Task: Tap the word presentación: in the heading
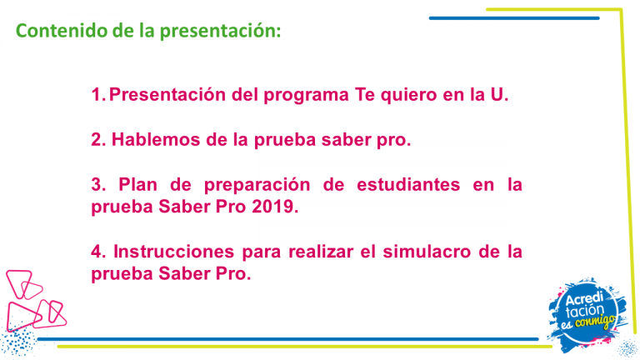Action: pyautogui.click(x=220, y=32)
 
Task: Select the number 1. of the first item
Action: pyautogui.click(x=98, y=94)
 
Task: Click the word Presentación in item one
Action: pyautogui.click(x=167, y=95)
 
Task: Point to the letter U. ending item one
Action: pyautogui.click(x=499, y=94)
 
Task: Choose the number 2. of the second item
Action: pyautogui.click(x=98, y=140)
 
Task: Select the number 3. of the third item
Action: pyautogui.click(x=98, y=184)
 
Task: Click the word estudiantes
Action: pyautogui.click(x=408, y=184)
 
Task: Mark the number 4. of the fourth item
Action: pyautogui.click(x=98, y=252)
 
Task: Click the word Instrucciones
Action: pyautogui.click(x=173, y=252)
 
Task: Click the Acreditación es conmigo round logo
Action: pyautogui.click(x=587, y=314)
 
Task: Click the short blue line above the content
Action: pyautogui.click(x=514, y=18)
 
